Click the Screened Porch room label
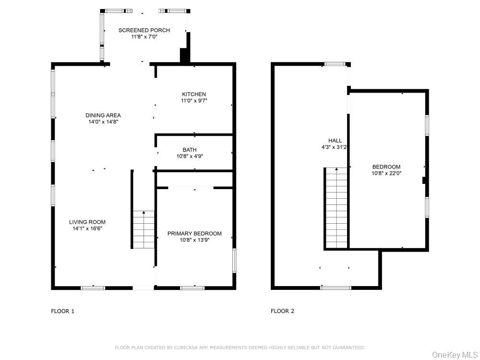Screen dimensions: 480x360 [x=144, y=30]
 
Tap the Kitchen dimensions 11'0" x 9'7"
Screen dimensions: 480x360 [x=194, y=101]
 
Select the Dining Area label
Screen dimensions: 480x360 [x=103, y=115]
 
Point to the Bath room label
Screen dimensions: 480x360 [x=190, y=150]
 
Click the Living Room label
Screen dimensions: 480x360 [x=87, y=222]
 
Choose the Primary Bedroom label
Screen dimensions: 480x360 [x=194, y=234]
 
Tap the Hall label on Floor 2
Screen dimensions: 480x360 [x=335, y=141]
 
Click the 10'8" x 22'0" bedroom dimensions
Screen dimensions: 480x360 [x=386, y=173]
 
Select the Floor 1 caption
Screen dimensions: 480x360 [x=62, y=312]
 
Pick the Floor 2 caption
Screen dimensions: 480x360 [x=282, y=311]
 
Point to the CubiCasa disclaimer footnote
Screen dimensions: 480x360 [x=240, y=348]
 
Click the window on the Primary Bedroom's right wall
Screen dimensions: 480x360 [x=235, y=261]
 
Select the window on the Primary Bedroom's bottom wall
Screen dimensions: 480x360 [x=192, y=288]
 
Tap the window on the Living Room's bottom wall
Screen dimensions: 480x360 [x=93, y=288]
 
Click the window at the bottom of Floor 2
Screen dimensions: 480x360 [x=336, y=288]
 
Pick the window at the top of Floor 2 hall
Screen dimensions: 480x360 [x=335, y=64]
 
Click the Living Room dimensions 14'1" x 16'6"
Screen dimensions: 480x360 [x=87, y=228]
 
